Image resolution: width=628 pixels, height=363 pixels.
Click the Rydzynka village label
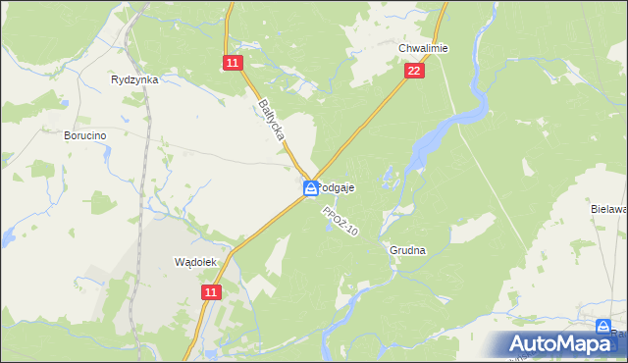tap(135, 79)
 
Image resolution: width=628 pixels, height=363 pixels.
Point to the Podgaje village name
tap(338, 187)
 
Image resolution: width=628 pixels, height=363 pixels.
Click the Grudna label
tap(407, 250)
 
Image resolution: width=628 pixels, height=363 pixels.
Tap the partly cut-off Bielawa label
tap(609, 209)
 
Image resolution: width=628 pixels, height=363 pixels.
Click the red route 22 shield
tap(414, 72)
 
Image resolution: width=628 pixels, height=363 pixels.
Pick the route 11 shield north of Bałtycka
tap(232, 63)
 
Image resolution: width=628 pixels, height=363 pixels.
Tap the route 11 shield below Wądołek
tap(212, 292)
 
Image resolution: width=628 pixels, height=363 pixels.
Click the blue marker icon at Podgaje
tap(310, 187)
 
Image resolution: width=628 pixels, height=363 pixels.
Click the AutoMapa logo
tap(565, 344)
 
